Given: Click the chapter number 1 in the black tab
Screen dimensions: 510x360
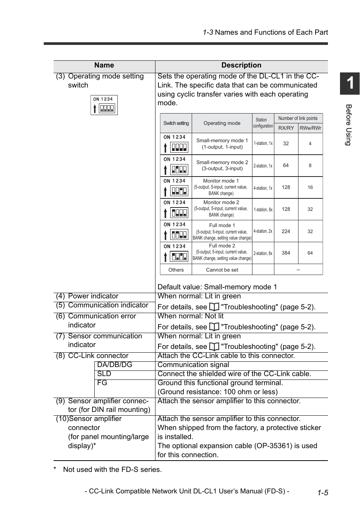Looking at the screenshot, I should click(x=350, y=83).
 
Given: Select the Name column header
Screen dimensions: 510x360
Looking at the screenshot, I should click(x=104, y=65).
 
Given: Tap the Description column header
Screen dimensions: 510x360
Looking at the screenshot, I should click(x=241, y=65).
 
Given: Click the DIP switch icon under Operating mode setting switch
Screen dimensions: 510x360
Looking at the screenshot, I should click(x=104, y=105).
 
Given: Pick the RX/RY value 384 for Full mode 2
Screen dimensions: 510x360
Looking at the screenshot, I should click(x=286, y=253).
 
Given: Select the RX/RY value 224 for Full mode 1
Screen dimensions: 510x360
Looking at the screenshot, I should click(x=286, y=231).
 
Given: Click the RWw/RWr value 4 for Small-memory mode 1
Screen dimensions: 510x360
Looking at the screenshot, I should click(x=310, y=144).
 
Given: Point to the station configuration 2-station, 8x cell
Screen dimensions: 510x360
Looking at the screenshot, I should click(x=263, y=253).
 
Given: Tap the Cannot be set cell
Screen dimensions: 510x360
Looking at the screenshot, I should click(x=222, y=270).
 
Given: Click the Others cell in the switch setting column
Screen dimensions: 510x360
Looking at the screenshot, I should click(x=176, y=270).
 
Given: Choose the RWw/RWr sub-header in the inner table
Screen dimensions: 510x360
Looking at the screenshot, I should click(x=310, y=128).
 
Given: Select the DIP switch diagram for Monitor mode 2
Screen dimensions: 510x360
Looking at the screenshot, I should click(x=176, y=210).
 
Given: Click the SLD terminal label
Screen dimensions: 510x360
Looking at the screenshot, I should click(x=104, y=374).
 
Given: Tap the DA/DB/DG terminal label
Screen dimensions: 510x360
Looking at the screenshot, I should click(x=115, y=365).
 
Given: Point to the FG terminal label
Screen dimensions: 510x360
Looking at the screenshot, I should click(x=102, y=383).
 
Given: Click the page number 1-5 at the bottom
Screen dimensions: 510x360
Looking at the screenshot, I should click(x=323, y=493).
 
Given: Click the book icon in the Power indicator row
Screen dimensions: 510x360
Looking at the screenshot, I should click(x=214, y=307).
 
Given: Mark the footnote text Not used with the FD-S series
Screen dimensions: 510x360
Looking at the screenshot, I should click(x=112, y=470).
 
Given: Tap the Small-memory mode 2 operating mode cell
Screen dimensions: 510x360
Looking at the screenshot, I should click(x=222, y=165).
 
